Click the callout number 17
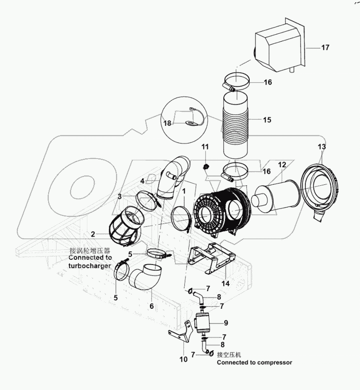point(325,48)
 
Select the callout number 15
point(267,120)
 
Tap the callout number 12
point(282,164)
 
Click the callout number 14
point(225,283)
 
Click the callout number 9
point(226,323)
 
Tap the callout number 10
point(183,360)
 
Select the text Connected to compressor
point(254,362)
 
